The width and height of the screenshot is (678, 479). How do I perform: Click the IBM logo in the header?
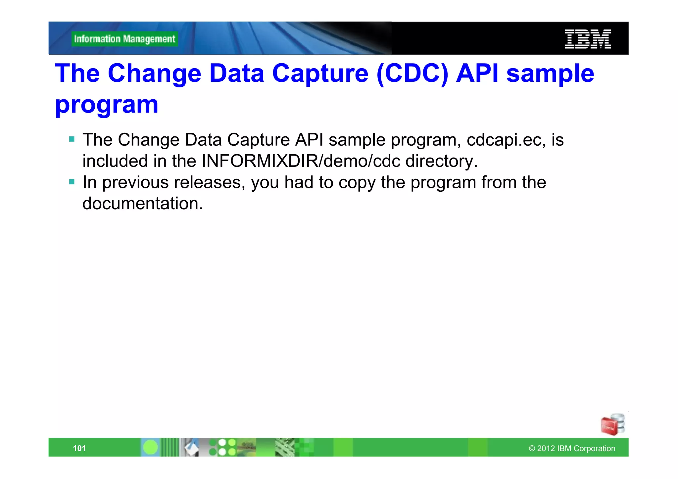[x=588, y=39]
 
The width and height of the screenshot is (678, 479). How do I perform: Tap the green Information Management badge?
[x=124, y=39]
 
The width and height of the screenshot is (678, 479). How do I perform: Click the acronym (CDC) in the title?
[x=412, y=73]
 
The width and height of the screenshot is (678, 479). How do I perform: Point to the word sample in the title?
[x=550, y=73]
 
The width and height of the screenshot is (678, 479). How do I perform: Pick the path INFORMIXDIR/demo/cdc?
[x=301, y=161]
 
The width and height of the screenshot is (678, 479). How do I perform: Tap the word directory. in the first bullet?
[x=442, y=161]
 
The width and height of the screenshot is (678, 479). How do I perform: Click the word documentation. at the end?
[x=142, y=203]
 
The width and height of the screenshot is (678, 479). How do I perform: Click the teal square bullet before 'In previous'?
[x=72, y=182]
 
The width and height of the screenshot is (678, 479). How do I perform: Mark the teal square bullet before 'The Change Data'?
[x=72, y=139]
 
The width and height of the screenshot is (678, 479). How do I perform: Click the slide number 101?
[x=79, y=448]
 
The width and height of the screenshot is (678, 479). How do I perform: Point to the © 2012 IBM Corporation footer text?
[x=572, y=448]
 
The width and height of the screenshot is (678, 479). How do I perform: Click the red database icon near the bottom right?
[x=612, y=425]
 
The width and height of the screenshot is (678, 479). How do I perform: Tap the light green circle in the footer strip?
[x=151, y=448]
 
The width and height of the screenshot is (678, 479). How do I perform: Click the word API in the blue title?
[x=477, y=73]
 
